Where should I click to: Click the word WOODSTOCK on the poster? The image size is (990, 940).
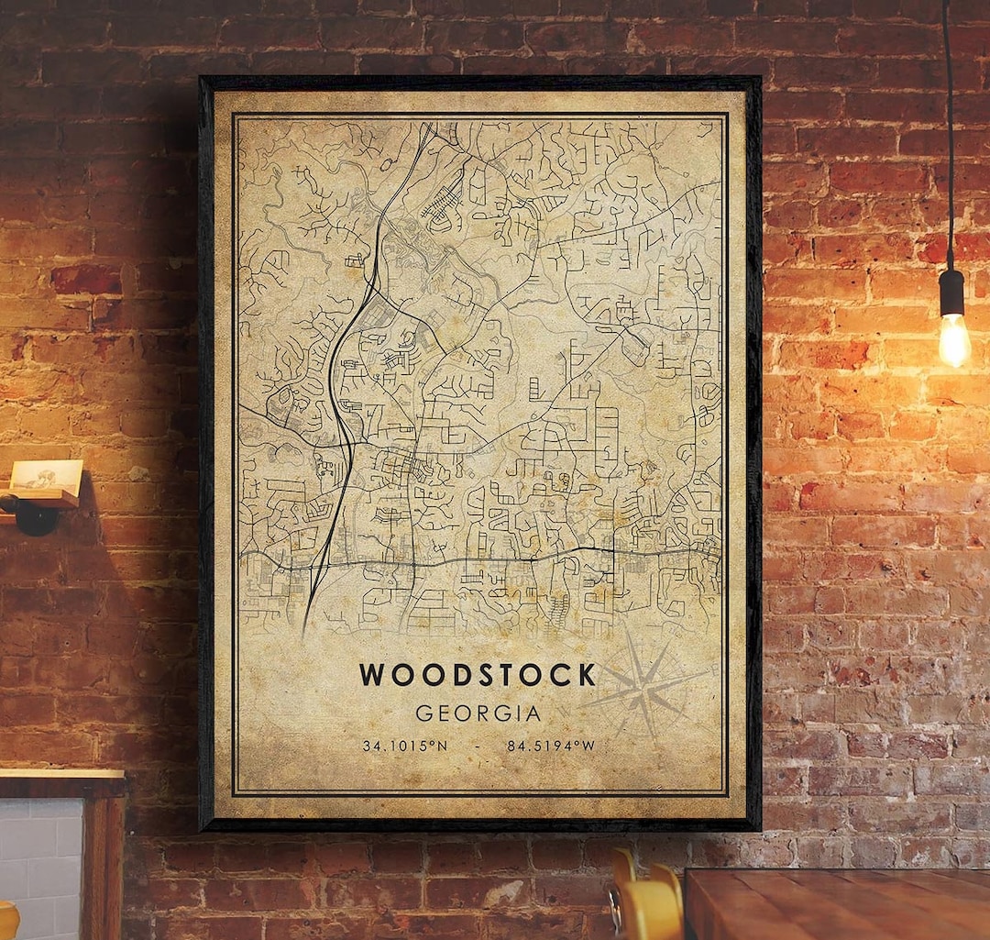[477, 675]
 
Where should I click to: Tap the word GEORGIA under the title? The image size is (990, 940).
[478, 713]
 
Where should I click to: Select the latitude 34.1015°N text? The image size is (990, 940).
[404, 746]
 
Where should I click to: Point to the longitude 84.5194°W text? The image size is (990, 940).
[551, 746]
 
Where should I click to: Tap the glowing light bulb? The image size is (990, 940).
[953, 339]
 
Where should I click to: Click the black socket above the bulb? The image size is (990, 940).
[951, 292]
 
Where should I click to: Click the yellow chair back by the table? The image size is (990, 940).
[646, 903]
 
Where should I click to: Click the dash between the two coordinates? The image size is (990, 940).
[478, 746]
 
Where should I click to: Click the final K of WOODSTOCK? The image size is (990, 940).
[585, 675]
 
